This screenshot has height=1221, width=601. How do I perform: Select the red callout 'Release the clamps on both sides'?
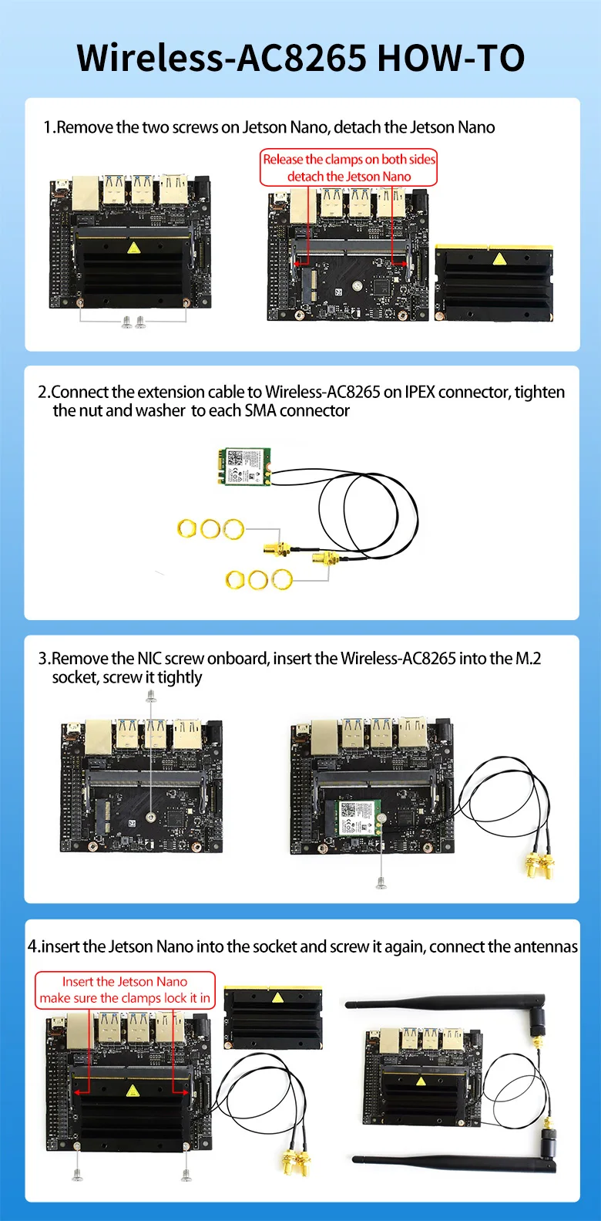tap(348, 167)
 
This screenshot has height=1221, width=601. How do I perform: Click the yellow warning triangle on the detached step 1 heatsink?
tap(499, 258)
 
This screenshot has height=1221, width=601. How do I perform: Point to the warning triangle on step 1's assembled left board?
tap(133, 248)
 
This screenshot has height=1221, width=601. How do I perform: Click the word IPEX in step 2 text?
tap(421, 392)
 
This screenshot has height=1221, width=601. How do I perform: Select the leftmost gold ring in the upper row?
tap(187, 528)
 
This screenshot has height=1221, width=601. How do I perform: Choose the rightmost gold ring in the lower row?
tap(282, 578)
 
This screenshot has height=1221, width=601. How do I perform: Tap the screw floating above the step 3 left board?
tap(151, 696)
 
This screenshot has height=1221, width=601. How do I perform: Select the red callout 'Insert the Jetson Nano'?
tap(125, 990)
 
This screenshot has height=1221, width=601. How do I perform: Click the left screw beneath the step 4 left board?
tap(77, 1175)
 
